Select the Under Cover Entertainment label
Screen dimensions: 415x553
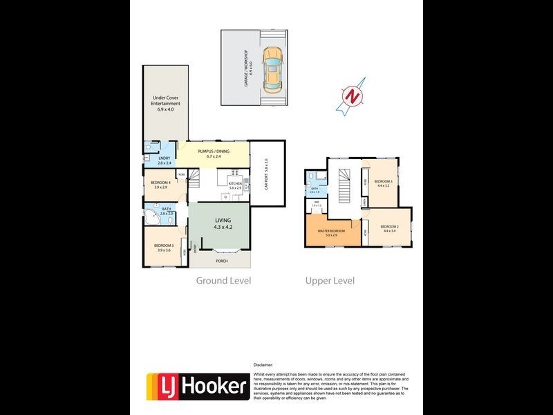pyautogui.click(x=166, y=103)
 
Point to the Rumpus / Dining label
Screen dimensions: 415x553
pyautogui.click(x=213, y=153)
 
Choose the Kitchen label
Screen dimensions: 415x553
pyautogui.click(x=235, y=185)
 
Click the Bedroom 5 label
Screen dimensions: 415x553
pyautogui.click(x=164, y=247)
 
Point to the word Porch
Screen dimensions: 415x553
pyautogui.click(x=221, y=261)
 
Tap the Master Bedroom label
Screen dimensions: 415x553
pyautogui.click(x=330, y=232)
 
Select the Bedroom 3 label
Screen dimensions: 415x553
pyautogui.click(x=384, y=182)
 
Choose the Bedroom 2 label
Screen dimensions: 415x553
pyautogui.click(x=392, y=228)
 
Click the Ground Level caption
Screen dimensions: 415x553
pyautogui.click(x=223, y=281)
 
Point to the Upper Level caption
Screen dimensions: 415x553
pyautogui.click(x=330, y=281)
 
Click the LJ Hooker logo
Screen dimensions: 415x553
pyautogui.click(x=198, y=386)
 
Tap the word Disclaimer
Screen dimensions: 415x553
pyautogui.click(x=263, y=364)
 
